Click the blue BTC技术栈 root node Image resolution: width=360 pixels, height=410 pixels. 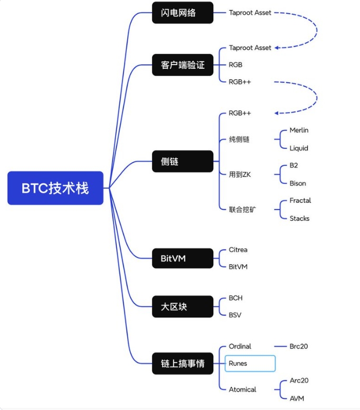pyautogui.click(x=55, y=188)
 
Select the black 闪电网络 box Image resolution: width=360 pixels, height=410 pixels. pyautogui.click(x=182, y=13)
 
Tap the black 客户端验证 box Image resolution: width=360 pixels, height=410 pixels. pyautogui.click(x=182, y=66)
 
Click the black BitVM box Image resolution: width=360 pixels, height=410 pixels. pyautogui.click(x=182, y=259)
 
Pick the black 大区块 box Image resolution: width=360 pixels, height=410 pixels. pyautogui.click(x=182, y=306)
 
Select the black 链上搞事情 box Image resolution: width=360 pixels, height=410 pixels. pyautogui.click(x=182, y=364)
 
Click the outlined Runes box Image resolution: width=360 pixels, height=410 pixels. pyautogui.click(x=250, y=364)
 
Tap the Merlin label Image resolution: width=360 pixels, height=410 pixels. pyautogui.click(x=299, y=131)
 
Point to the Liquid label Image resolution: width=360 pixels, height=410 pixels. pyautogui.click(x=299, y=148)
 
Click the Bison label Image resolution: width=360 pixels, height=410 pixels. pyautogui.click(x=297, y=183)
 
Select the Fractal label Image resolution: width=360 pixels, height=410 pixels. pyautogui.click(x=300, y=201)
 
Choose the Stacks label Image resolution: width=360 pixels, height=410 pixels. pyautogui.click(x=299, y=219)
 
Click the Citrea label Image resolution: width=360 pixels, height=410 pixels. pyautogui.click(x=238, y=250)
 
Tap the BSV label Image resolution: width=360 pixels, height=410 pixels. pyautogui.click(x=235, y=315)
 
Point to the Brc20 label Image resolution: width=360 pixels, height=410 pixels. pyautogui.click(x=299, y=347)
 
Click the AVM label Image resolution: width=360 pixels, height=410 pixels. pyautogui.click(x=297, y=398)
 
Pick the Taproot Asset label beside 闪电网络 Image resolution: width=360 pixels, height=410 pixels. pyautogui.click(x=250, y=12)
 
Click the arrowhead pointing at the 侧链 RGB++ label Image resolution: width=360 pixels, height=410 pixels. pyautogui.click(x=277, y=113)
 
